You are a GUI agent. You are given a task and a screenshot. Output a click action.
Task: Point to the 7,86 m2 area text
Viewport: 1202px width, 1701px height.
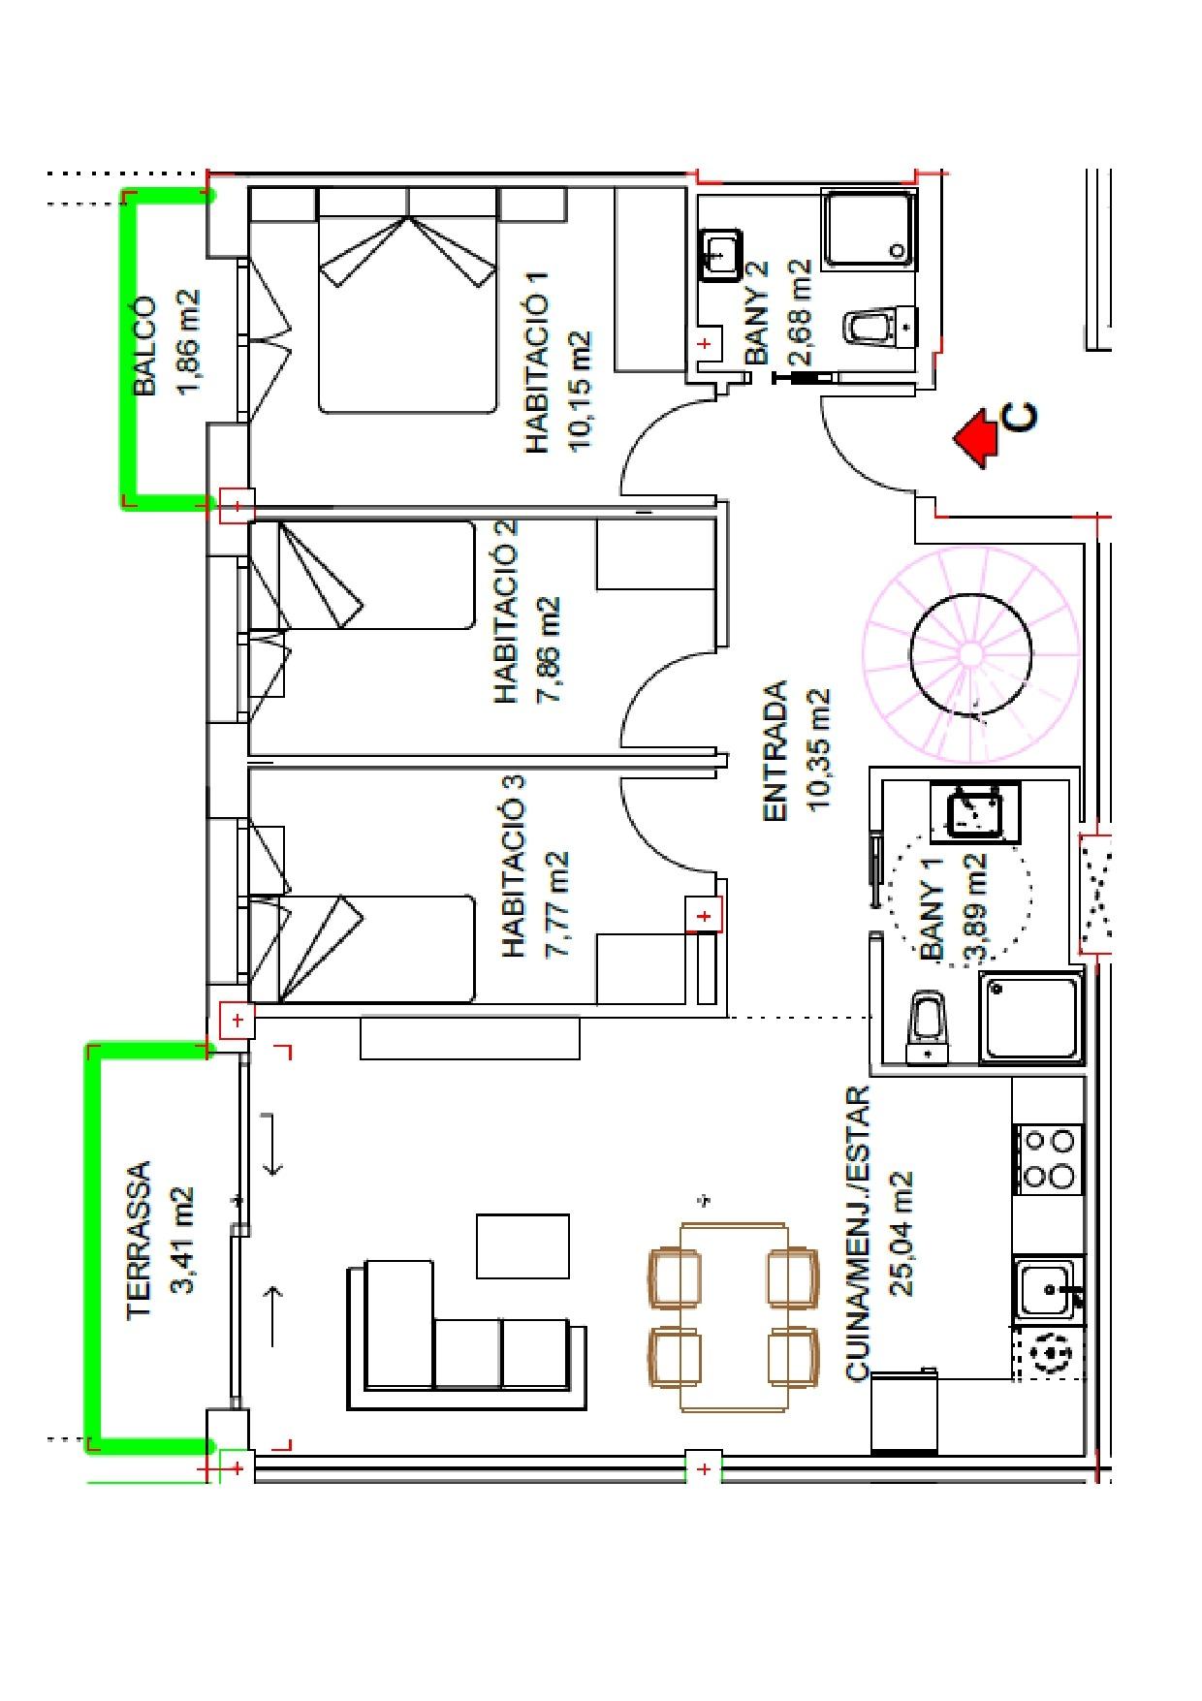pyautogui.click(x=547, y=649)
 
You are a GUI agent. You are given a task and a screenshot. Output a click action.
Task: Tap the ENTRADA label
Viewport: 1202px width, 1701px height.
pyautogui.click(x=775, y=752)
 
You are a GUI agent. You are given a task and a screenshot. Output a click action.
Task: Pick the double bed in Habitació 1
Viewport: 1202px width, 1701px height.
pyautogui.click(x=407, y=300)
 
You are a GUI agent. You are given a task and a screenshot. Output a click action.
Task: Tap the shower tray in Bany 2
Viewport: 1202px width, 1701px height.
pyautogui.click(x=870, y=229)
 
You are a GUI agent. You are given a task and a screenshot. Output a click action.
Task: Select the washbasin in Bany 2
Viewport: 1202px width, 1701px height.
pyautogui.click(x=719, y=255)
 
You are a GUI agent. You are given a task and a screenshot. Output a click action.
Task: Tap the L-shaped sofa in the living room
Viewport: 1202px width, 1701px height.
pyautogui.click(x=466, y=1335)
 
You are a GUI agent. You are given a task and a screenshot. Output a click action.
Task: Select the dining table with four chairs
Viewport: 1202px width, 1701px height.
pyautogui.click(x=733, y=1316)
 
